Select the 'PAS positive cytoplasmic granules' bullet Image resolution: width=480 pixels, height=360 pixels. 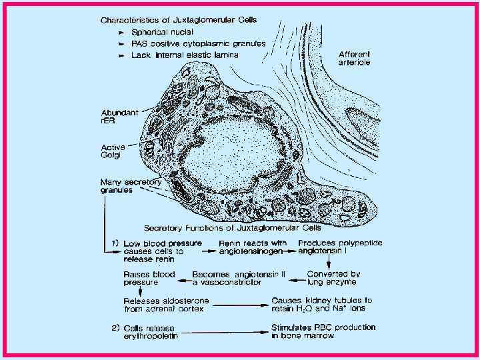pos(189,43)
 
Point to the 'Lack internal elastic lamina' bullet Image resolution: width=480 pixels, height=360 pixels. pos(175,55)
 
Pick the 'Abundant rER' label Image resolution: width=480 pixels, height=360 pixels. pos(119,117)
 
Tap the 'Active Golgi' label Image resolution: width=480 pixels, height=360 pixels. pos(115,151)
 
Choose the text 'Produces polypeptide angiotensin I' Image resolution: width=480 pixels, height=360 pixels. pos(340,247)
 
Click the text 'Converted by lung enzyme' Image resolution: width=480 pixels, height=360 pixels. pos(333,278)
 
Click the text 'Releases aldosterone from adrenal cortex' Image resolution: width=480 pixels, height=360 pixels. pos(166,305)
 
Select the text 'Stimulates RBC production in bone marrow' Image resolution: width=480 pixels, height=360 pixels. pos(323,331)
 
